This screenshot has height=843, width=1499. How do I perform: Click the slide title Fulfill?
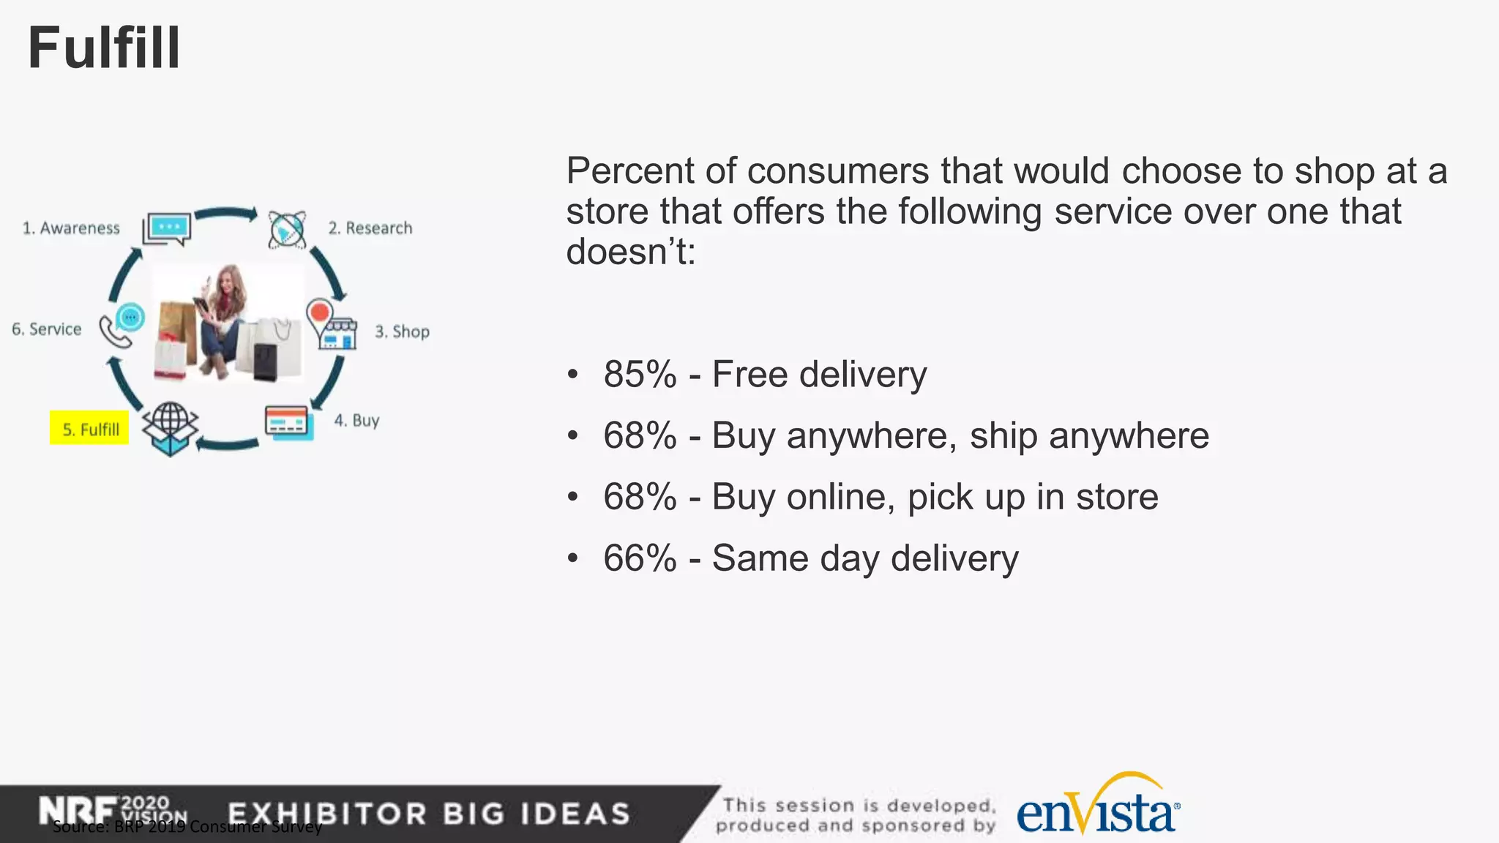(104, 48)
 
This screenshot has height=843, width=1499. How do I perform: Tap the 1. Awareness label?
(71, 228)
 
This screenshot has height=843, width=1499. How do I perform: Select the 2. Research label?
(370, 228)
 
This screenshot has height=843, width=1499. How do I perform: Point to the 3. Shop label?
(402, 331)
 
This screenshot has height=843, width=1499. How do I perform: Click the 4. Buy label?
(356, 420)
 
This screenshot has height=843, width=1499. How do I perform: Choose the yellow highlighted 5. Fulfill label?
(89, 429)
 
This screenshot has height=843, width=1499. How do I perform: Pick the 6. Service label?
(46, 329)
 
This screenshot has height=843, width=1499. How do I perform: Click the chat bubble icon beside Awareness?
(168, 228)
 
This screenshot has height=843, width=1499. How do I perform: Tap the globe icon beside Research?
(286, 230)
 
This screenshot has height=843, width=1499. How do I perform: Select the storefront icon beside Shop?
(333, 325)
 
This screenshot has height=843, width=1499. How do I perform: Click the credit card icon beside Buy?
(288, 422)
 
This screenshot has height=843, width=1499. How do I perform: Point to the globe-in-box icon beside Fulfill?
(171, 429)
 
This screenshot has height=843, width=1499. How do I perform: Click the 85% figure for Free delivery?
(640, 375)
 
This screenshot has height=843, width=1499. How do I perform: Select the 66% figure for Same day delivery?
(640, 558)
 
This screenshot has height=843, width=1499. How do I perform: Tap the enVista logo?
(1098, 809)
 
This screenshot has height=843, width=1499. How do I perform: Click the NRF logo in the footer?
(77, 811)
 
